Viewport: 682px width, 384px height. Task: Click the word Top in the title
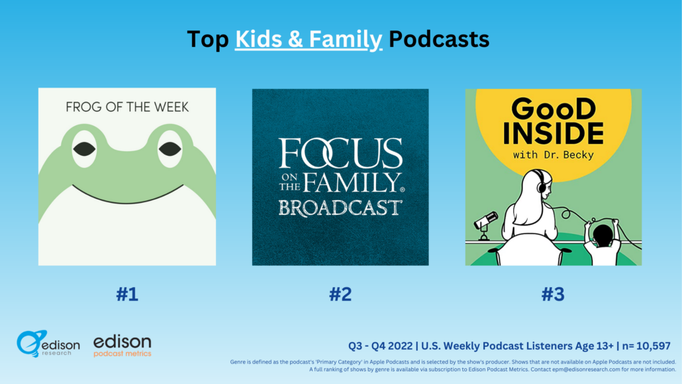click(208, 38)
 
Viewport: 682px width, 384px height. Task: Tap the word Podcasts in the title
click(439, 38)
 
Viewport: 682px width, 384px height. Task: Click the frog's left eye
click(84, 149)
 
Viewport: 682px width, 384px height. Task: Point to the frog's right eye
click(170, 149)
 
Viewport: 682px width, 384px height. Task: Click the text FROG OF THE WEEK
click(127, 107)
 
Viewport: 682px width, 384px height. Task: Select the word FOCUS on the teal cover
click(340, 153)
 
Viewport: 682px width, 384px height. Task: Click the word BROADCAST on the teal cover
click(340, 208)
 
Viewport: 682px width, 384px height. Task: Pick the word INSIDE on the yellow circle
click(554, 133)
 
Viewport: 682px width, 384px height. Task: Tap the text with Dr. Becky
click(554, 155)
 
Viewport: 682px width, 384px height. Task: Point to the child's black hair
click(603, 235)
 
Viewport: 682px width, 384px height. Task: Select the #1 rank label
click(127, 294)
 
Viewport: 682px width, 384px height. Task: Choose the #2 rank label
click(340, 294)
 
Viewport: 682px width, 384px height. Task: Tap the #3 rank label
click(553, 294)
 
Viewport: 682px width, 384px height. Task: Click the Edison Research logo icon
click(30, 344)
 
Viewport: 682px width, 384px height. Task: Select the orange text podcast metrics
click(122, 353)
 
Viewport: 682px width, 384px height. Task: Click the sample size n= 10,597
click(646, 346)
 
